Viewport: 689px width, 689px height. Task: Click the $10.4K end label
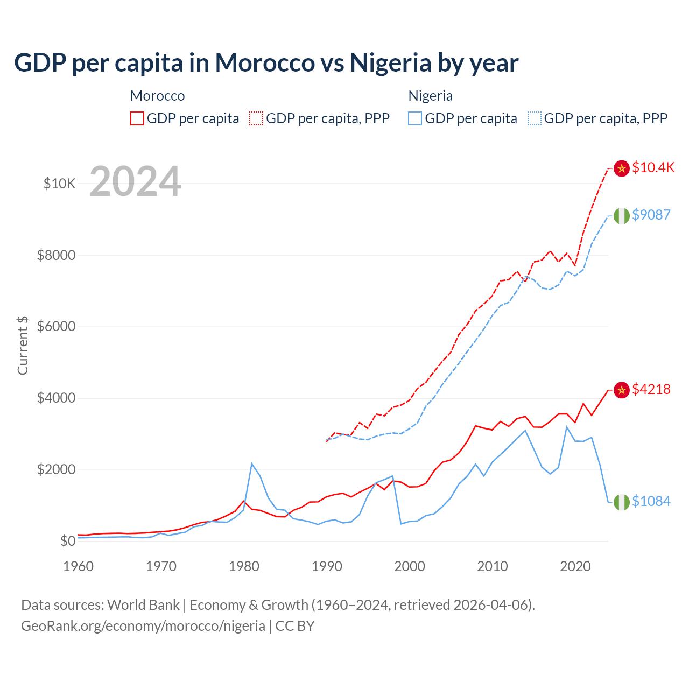(653, 167)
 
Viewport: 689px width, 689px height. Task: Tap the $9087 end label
(651, 215)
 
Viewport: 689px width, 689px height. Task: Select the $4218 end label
(651, 389)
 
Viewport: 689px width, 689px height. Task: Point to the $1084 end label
(651, 501)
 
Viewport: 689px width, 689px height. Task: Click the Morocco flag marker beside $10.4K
(622, 168)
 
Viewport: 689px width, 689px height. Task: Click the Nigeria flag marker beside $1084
(622, 502)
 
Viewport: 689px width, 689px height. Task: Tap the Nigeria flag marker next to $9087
(622, 215)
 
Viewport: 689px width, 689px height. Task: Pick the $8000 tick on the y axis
(56, 255)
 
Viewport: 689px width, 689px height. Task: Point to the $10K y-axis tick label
(59, 184)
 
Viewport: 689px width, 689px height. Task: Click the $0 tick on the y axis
(67, 541)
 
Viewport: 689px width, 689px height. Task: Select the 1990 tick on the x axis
(327, 566)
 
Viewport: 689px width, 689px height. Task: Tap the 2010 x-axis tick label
(493, 566)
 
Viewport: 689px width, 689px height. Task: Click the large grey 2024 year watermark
(135, 181)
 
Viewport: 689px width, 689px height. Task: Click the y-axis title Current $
(23, 345)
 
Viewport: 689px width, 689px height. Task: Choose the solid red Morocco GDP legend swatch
(137, 118)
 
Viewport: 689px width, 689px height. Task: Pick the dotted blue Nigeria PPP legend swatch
(535, 118)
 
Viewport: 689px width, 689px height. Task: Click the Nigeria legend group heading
(430, 96)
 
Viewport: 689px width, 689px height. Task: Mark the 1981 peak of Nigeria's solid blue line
(252, 463)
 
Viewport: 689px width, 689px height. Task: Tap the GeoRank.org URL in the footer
(143, 626)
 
